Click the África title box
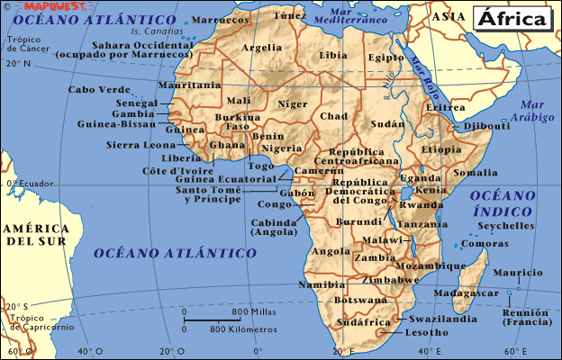click(x=510, y=18)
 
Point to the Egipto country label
click(x=386, y=58)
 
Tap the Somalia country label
click(x=476, y=172)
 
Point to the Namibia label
click(x=322, y=284)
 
